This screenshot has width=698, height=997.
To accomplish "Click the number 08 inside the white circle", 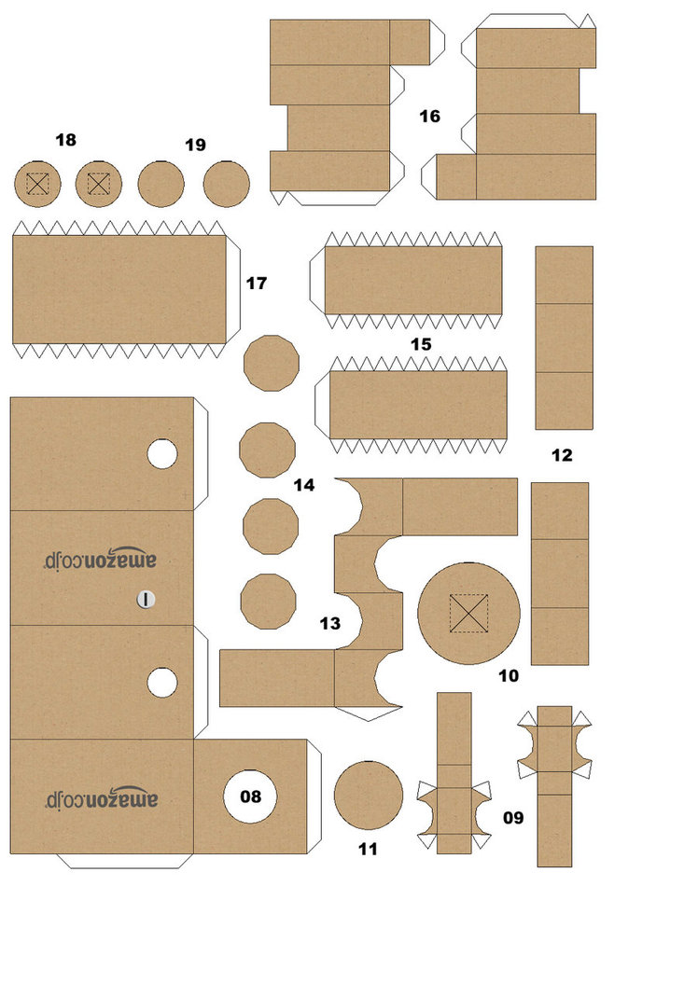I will tap(251, 796).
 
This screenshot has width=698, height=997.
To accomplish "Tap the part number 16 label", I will tap(429, 117).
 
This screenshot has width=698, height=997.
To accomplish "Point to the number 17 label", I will tap(257, 283).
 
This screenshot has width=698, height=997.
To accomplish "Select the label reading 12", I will tap(562, 456).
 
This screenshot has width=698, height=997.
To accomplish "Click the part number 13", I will tap(329, 623).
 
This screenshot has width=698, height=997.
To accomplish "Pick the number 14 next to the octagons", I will tap(303, 485).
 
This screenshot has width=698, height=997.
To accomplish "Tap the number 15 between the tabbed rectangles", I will tap(421, 344).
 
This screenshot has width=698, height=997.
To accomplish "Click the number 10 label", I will tap(509, 675).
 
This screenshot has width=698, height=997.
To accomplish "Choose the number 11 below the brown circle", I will tap(368, 850).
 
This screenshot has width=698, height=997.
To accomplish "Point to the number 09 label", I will tap(513, 818).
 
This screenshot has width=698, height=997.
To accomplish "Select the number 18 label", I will tap(65, 141).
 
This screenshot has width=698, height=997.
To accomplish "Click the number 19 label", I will tap(195, 145).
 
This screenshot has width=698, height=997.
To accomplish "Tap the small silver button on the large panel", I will tap(146, 599).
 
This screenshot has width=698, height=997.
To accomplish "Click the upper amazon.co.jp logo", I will tap(102, 558).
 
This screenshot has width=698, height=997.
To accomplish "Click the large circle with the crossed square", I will tap(468, 613).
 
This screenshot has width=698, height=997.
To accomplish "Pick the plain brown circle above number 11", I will tap(368, 795).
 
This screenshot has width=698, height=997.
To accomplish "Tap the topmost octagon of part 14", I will tap(271, 363).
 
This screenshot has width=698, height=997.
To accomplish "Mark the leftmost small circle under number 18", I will tap(37, 184).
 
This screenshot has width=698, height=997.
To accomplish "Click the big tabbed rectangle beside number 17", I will tap(119, 289).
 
